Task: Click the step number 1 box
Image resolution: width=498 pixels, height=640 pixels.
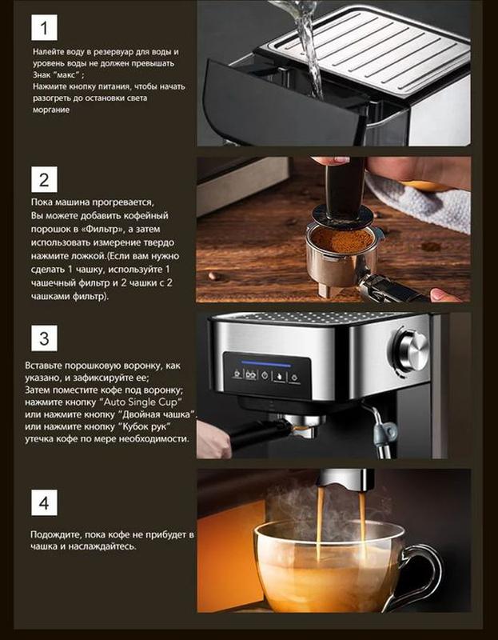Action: [x=44, y=28]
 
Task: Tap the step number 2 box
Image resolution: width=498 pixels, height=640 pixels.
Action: [x=44, y=179]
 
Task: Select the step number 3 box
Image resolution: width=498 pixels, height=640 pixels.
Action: [x=44, y=338]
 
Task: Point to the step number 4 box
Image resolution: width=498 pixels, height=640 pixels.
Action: [x=44, y=502]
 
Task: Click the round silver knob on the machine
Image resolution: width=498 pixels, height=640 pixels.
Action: [x=412, y=350]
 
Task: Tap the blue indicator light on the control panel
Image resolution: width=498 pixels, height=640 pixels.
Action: [x=266, y=363]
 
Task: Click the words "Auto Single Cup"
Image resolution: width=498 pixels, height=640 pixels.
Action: [x=141, y=402]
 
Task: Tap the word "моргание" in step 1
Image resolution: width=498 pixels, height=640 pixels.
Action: [x=51, y=110]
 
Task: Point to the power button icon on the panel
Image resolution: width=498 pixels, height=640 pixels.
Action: [x=293, y=377]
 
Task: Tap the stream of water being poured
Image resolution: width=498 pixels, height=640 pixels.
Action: [x=308, y=49]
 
